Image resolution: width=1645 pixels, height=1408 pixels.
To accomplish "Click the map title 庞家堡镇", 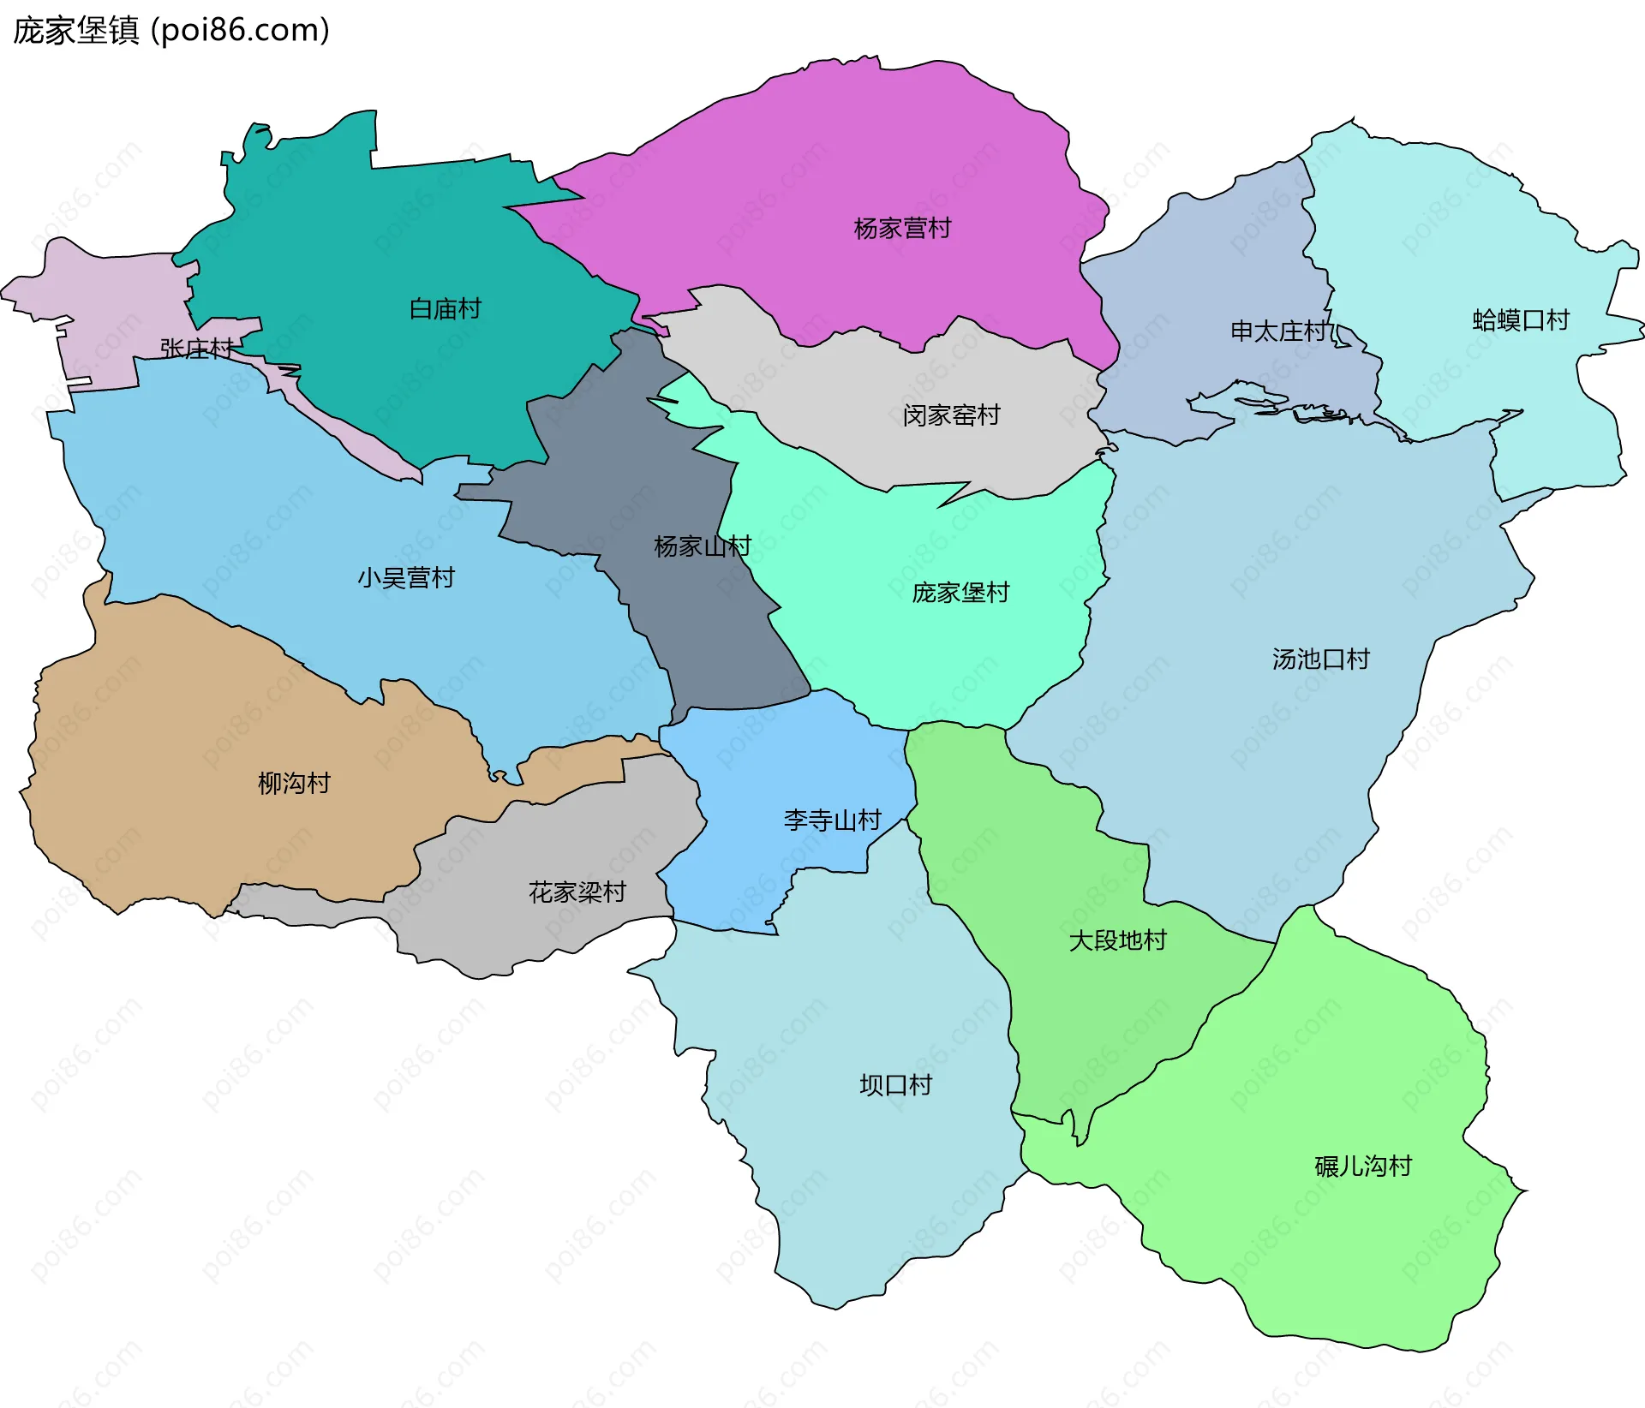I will pos(75,31).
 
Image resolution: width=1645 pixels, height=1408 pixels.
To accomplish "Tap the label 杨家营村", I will pos(902,229).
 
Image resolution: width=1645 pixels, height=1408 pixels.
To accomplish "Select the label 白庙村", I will pos(445,308).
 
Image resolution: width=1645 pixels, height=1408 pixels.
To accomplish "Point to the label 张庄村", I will pos(196,349).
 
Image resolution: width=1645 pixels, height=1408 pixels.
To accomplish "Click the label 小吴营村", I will pos(406,578).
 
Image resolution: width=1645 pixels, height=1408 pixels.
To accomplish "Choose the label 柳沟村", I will pos(294,783).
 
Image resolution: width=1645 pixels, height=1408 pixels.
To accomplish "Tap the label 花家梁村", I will pos(577,892).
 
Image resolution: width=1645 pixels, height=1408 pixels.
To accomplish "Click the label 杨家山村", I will pos(702,546).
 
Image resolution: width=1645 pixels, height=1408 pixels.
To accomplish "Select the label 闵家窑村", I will pos(951,415).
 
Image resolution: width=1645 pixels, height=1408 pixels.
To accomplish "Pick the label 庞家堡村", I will pos(960,593).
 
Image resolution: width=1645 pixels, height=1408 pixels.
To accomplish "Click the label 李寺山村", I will pos(832,820).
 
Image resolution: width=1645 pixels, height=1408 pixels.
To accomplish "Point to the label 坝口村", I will pos(895,1085).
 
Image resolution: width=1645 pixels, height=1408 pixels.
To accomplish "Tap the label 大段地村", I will pos(1117,940).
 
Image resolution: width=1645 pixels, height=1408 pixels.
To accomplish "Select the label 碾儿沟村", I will pos(1362,1166).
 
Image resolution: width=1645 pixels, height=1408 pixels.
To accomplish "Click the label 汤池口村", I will pos(1320,659).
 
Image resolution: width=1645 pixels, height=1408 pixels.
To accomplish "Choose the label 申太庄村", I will pos(1279,331).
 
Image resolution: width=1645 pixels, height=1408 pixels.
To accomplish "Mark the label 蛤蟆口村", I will pos(1520,320).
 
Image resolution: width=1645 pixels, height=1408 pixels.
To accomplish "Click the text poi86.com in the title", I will pos(241,31).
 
